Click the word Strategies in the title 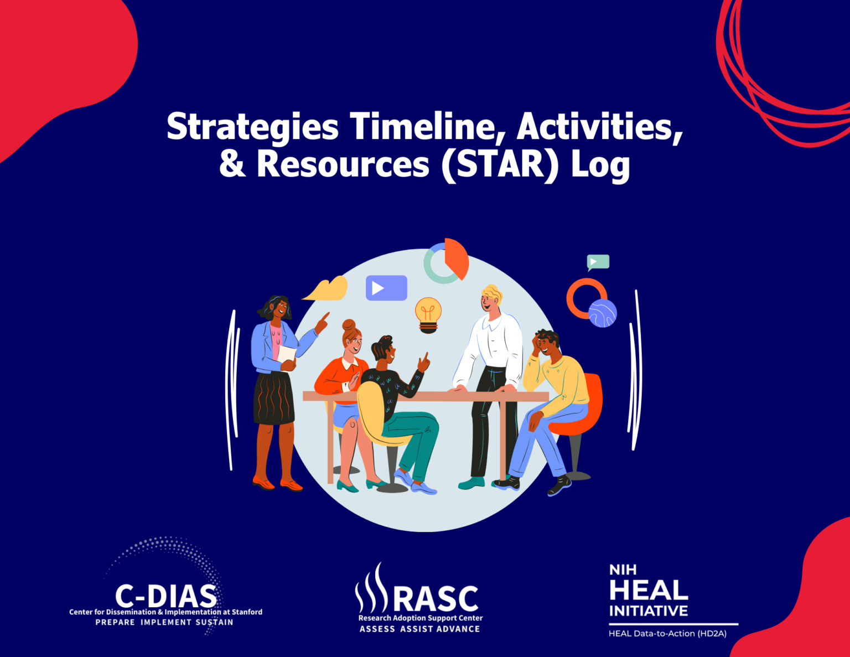252,127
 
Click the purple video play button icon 386,288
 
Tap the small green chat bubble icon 598,262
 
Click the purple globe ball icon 603,313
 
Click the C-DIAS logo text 165,596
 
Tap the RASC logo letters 436,599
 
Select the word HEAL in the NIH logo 648,591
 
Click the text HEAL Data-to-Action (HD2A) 667,634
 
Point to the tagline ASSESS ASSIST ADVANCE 419,629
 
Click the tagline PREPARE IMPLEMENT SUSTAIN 164,623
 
